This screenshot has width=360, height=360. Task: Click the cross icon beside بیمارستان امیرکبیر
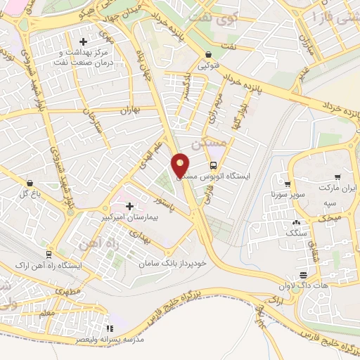129,206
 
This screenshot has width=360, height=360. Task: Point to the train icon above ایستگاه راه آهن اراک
49,254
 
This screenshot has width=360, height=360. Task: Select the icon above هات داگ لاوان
303,274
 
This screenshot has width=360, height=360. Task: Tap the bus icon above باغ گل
27,181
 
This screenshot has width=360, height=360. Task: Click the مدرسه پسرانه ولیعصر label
108,339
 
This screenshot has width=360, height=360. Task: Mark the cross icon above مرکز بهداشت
85,41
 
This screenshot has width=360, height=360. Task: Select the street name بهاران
129,110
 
